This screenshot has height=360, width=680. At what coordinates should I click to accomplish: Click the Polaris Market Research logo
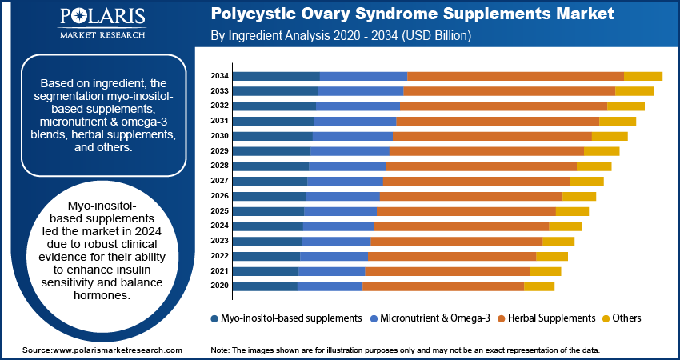pyautogui.click(x=102, y=24)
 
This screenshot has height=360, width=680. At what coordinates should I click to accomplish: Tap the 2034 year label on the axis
pyautogui.click(x=220, y=76)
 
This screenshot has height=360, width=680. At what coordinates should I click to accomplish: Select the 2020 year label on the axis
pyautogui.click(x=220, y=286)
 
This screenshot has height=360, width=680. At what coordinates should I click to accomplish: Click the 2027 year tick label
pyautogui.click(x=220, y=181)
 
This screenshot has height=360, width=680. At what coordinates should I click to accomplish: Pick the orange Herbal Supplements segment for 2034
pyautogui.click(x=515, y=76)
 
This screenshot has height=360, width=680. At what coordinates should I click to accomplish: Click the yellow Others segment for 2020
pyautogui.click(x=538, y=286)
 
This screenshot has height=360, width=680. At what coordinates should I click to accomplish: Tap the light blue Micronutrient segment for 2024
pyautogui.click(x=338, y=226)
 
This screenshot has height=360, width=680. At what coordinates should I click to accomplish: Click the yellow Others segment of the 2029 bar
pyautogui.click(x=602, y=151)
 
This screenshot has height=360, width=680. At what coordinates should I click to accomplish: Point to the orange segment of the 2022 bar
pyautogui.click(x=451, y=256)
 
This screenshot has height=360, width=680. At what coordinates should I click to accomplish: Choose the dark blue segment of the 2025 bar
pyautogui.click(x=269, y=211)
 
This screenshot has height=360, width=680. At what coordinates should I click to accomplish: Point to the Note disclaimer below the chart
pyautogui.click(x=405, y=350)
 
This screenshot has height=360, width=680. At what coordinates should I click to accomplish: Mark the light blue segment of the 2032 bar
pyautogui.click(x=358, y=106)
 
